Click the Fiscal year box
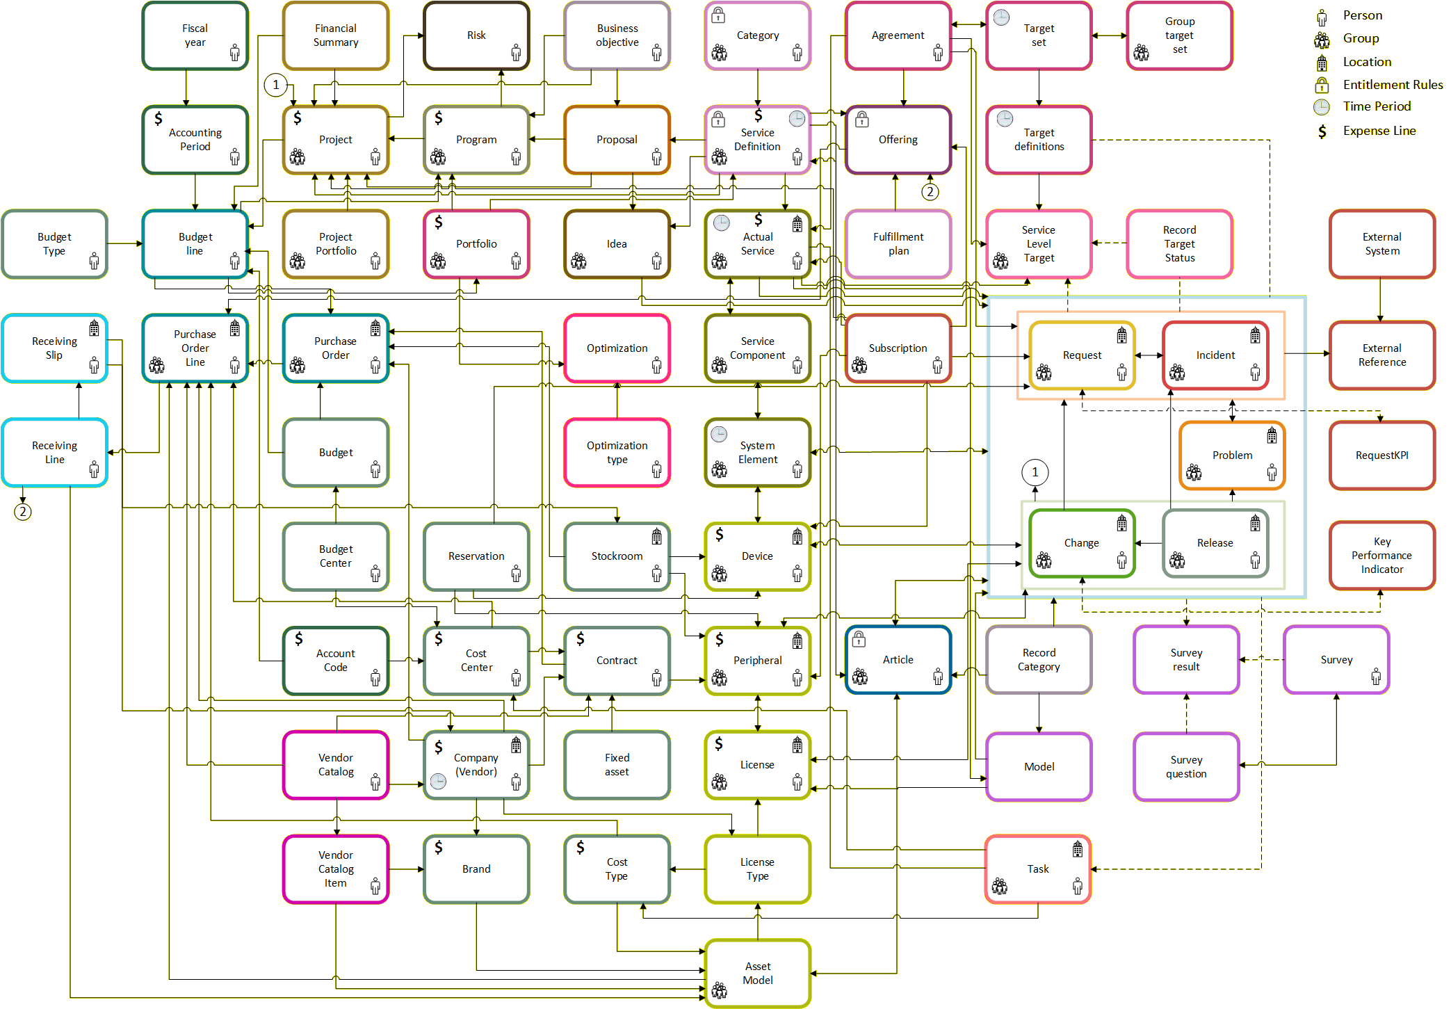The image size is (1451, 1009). point(195,35)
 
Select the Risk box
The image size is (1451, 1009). point(476,35)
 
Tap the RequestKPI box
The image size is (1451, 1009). point(1382,455)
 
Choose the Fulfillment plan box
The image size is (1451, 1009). point(898,244)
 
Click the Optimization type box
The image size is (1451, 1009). point(617,453)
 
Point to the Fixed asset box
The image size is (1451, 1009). point(617,765)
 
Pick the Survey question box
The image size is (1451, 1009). point(1186,767)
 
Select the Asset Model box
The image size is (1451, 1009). point(758,974)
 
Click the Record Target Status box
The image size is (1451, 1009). point(1180,244)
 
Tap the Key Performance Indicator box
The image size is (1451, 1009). point(1382,556)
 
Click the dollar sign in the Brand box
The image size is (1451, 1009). point(439,847)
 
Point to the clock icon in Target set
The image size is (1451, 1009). point(1001,17)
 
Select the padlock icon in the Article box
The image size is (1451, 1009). point(859,639)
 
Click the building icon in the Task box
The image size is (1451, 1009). point(1077,849)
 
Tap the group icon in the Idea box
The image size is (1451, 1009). point(578,261)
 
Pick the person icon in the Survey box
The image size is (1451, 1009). point(1376,677)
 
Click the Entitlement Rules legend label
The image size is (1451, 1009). point(1393,85)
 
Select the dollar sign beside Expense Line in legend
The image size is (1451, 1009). point(1322,131)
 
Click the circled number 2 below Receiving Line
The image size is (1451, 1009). point(23,512)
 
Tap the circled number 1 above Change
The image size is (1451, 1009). point(1035,473)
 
